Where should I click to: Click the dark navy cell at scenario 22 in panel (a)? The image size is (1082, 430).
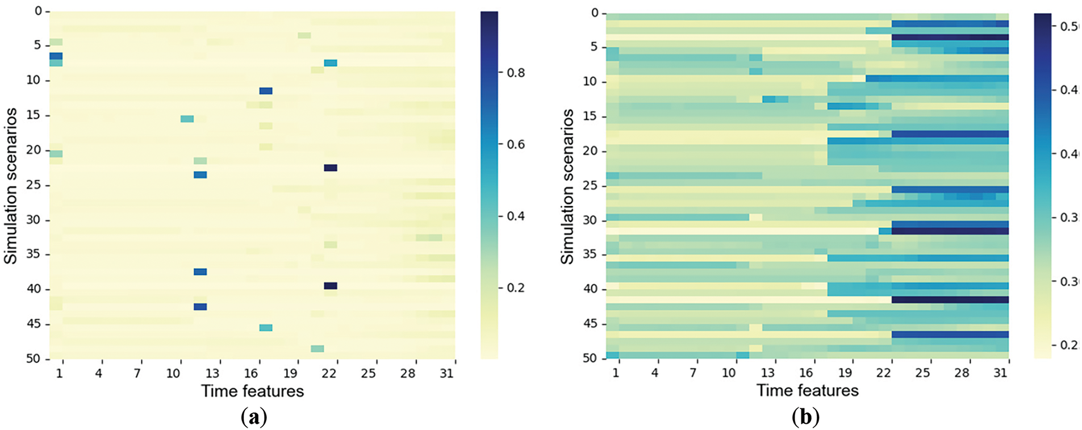[x=331, y=168]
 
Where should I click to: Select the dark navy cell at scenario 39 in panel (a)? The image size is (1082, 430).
[x=331, y=286]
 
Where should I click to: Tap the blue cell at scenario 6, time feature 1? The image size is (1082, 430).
[x=56, y=56]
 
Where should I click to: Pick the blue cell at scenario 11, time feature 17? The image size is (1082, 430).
[x=265, y=91]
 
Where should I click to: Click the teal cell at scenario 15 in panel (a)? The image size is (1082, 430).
[x=187, y=119]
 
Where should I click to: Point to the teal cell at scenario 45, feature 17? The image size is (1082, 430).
[x=265, y=328]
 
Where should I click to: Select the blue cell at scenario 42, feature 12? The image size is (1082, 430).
[x=200, y=307]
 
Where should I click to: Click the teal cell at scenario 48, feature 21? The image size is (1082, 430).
[x=318, y=348]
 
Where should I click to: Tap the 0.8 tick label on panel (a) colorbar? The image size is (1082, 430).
[x=516, y=73]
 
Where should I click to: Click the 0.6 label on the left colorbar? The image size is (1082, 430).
[x=516, y=144]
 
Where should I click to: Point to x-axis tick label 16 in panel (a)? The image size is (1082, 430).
[x=251, y=373]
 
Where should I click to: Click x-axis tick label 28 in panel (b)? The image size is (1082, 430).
[x=962, y=373]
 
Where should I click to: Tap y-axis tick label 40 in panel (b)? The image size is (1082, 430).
[x=590, y=289]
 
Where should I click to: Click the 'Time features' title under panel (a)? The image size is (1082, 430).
[x=252, y=391]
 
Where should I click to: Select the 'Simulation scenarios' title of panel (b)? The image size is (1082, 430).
[x=567, y=186]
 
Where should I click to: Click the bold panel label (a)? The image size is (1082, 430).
[x=253, y=418]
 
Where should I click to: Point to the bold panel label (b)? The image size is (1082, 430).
[x=805, y=418]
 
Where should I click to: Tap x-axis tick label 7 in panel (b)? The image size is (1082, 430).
[x=693, y=373]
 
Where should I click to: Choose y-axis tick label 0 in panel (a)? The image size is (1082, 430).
[x=38, y=11]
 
